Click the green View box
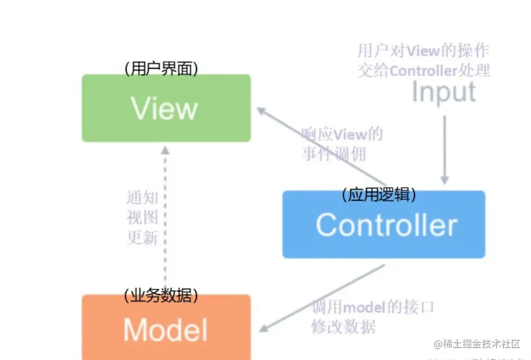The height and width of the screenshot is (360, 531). pos(166,108)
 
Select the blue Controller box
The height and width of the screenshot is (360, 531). pos(384,225)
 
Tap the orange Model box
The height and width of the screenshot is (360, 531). pos(166,328)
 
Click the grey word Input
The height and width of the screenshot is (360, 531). pos(444,92)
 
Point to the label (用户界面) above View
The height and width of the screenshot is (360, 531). pos(161,69)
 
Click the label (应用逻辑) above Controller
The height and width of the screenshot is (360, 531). pos(379,195)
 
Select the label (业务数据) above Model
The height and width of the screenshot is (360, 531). pos(161,295)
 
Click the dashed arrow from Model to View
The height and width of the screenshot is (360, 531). pos(166,217)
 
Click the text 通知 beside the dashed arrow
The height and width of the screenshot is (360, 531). pos(142,198)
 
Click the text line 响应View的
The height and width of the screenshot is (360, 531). pos(342,134)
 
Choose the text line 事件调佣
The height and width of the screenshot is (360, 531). pos(334,154)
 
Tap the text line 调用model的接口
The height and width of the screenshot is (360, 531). pos(373,308)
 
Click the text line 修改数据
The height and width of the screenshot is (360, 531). pos(343,327)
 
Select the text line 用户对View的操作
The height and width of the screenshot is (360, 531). pos(423,51)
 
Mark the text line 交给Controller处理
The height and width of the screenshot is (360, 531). pos(423,70)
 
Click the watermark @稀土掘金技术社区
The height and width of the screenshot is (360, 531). pos(476,344)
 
